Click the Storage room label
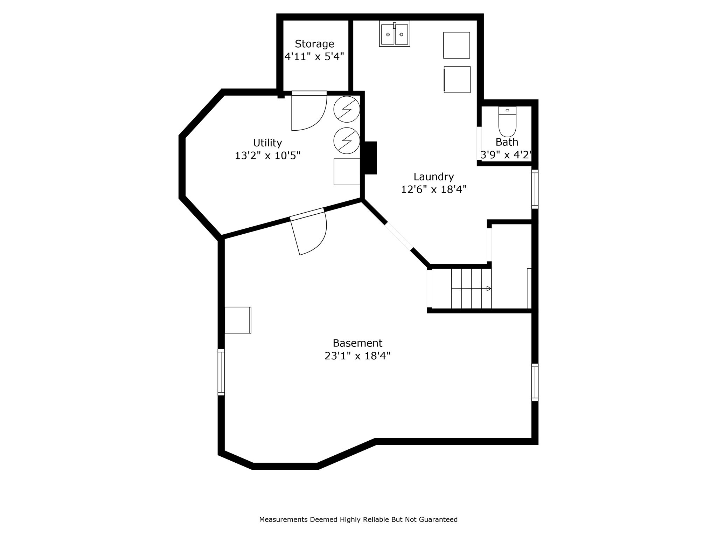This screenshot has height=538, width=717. tap(314, 44)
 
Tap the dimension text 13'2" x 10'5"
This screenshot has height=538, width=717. tap(267, 156)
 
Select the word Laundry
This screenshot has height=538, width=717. tap(433, 177)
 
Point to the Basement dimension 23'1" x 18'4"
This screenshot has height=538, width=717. tap(357, 356)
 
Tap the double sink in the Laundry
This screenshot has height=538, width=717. tap(395, 34)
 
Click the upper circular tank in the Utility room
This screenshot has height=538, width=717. tap(347, 109)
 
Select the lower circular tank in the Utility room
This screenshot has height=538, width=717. tap(347, 140)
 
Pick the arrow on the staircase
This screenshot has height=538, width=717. tap(488, 289)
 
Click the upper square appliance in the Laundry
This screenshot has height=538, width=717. tap(457, 45)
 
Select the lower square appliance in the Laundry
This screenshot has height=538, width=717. tap(457, 80)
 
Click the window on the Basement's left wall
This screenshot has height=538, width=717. tap(221, 372)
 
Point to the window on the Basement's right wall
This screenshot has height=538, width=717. tap(535, 382)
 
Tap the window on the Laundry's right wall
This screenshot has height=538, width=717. tap(535, 189)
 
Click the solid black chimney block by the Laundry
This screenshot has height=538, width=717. tap(370, 158)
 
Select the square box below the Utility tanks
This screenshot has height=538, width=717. tap(347, 172)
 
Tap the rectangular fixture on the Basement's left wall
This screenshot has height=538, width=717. tap(238, 320)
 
